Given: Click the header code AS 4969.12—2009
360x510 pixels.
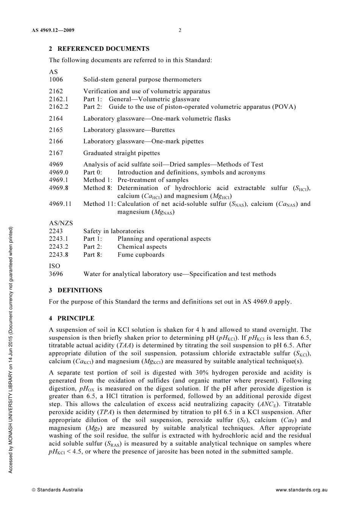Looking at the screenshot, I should (x=53, y=30).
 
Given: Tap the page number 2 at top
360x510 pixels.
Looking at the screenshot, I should (x=180, y=30).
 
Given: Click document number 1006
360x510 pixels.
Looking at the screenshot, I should (x=56, y=80).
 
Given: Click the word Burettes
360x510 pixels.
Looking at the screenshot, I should (x=163, y=130).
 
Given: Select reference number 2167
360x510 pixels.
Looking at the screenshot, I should (x=56, y=153).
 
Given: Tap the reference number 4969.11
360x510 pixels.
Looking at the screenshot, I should (x=60, y=204).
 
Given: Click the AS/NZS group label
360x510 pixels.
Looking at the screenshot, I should (x=61, y=223).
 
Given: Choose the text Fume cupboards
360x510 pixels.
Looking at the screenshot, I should (x=141, y=255).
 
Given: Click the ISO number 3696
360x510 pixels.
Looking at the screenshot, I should (x=56, y=274).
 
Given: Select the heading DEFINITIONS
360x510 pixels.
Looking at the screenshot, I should (x=80, y=290).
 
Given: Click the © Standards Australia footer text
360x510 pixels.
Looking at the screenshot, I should (x=57, y=490).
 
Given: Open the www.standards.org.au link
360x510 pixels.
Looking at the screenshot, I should (x=301, y=490).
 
